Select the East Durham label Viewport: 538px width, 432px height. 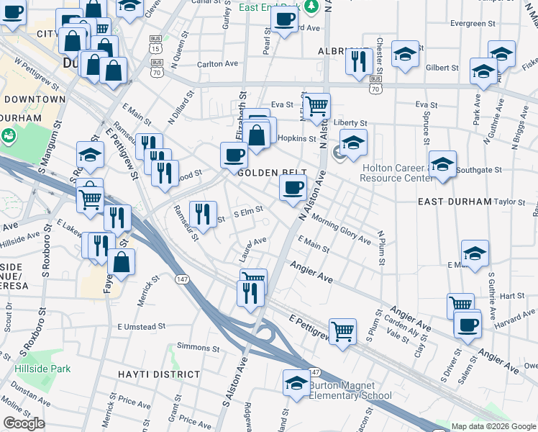pos(455,202)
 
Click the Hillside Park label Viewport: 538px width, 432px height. pos(42,369)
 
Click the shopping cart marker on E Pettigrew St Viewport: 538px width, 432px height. pos(343,331)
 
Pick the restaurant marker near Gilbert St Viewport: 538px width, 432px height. pos(357,61)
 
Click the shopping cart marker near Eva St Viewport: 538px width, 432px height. pos(316,107)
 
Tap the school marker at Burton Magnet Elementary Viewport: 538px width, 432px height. pos(296,382)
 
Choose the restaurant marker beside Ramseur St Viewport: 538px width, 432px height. pos(203,213)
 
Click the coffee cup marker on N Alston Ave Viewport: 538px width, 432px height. pos(293,188)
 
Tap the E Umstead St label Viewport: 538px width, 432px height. pos(142,326)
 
